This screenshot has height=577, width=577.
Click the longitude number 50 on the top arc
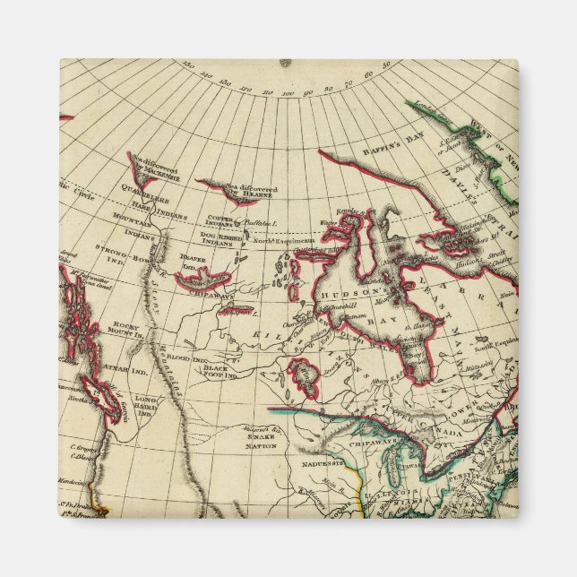click(386, 65)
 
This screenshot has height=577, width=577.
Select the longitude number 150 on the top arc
click(185, 65)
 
